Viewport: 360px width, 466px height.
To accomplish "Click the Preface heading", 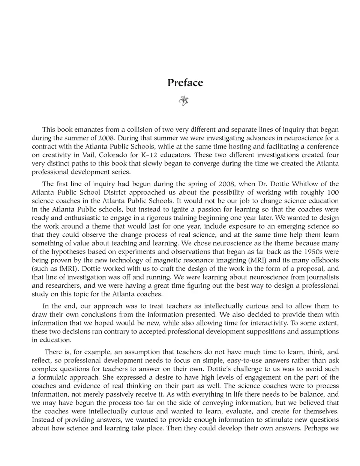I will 185,83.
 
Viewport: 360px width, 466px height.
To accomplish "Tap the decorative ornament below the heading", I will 184,101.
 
